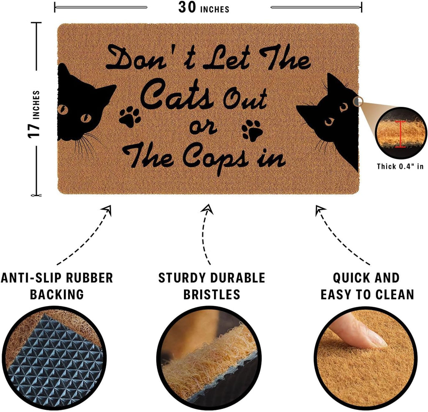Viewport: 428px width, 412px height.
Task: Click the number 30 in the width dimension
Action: point(187,8)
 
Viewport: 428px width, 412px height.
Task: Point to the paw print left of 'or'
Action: point(130,116)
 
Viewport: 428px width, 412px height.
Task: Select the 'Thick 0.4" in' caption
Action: point(400,166)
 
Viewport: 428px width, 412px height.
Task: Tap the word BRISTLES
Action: point(211,294)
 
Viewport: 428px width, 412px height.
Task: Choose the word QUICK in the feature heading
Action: point(350,278)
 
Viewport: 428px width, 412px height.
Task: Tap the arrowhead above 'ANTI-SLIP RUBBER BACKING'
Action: point(107,210)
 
